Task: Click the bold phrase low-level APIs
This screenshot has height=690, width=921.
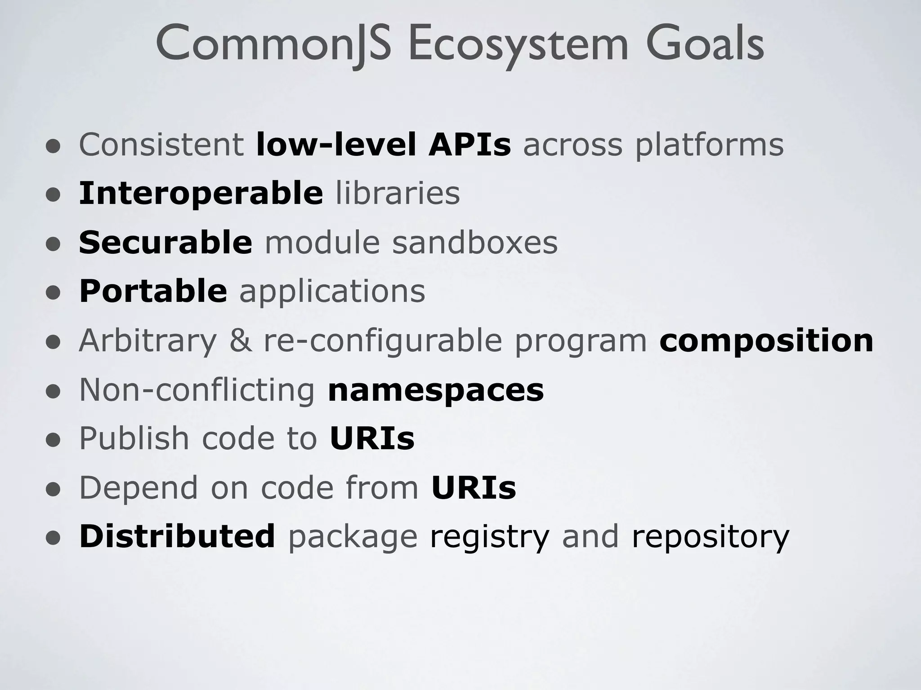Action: click(x=383, y=145)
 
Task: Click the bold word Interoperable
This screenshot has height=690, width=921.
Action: click(x=201, y=193)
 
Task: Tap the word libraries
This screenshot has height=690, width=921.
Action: click(x=398, y=193)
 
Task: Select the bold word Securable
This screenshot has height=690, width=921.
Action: click(x=165, y=242)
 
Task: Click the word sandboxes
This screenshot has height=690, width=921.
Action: click(x=474, y=242)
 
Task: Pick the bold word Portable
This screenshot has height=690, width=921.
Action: click(x=153, y=291)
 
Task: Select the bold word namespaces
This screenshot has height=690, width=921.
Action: click(x=435, y=390)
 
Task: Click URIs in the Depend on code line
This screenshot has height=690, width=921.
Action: click(x=473, y=487)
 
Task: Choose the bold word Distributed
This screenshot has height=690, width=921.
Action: click(x=177, y=536)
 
